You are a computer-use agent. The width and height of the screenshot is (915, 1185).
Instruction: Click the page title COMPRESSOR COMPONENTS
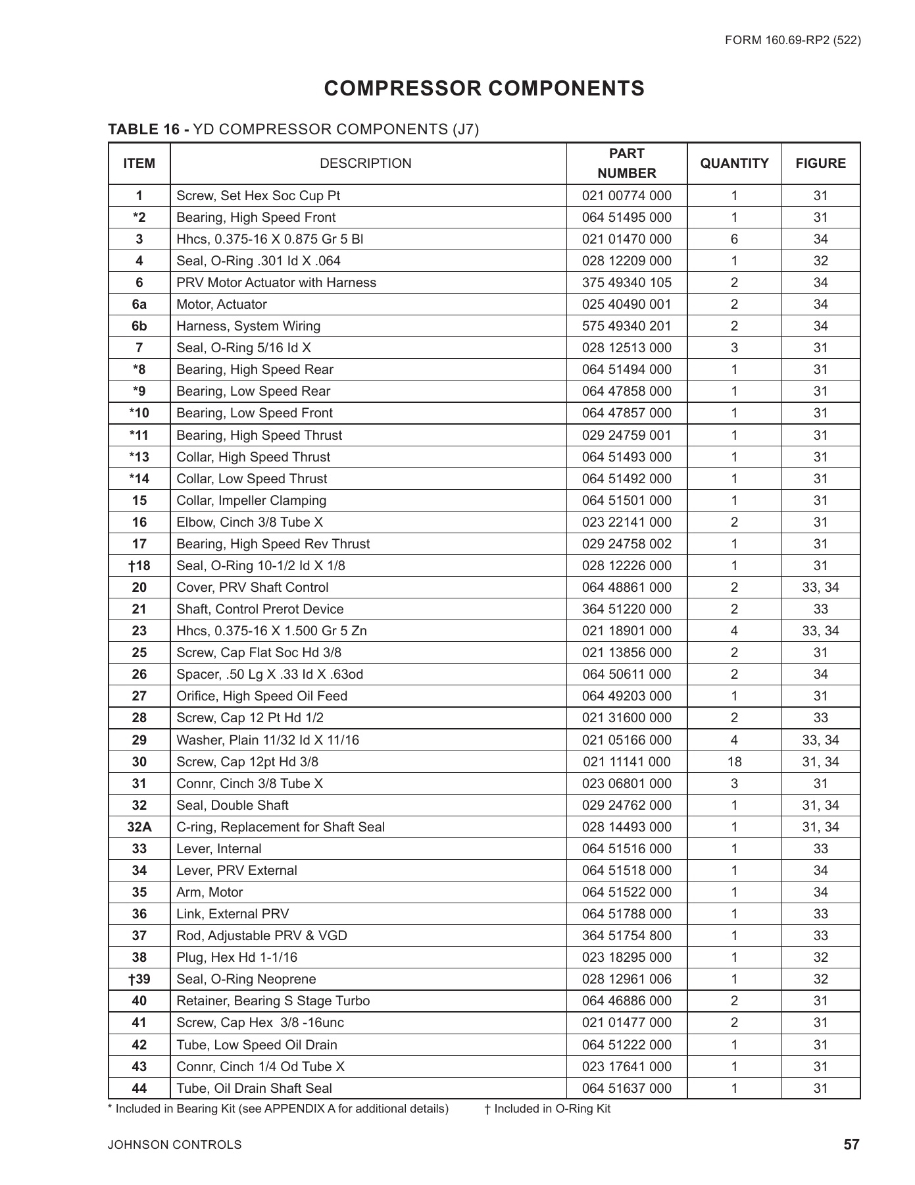pos(484,89)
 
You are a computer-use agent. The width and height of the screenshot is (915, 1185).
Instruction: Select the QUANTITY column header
pos(734,163)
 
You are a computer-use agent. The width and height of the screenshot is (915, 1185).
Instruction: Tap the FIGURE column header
pos(820,163)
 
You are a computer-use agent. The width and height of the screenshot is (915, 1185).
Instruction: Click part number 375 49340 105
pos(627,282)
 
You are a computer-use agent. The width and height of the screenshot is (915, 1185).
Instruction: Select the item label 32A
pos(139,827)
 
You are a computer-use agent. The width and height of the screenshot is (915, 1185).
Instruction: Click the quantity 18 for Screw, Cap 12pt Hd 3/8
pos(734,762)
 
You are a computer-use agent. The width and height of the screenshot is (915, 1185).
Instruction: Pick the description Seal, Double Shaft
pos(232,805)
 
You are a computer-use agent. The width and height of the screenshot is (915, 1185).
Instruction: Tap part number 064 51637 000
pos(627,1088)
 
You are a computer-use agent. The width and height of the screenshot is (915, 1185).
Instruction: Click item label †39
pos(139,979)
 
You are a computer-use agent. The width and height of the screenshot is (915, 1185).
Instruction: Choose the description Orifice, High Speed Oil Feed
pos(262,696)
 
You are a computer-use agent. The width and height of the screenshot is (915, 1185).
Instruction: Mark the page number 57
pos(851,1145)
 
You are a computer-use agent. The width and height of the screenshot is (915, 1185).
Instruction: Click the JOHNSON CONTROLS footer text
pos(175,1145)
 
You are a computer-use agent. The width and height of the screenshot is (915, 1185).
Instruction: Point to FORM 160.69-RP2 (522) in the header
pos(793,40)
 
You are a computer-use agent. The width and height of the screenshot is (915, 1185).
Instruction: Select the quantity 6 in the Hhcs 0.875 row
pos(734,239)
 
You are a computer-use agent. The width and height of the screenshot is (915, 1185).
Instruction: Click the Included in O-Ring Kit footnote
pos(547,1109)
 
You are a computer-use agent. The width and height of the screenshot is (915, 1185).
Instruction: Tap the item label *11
pos(139,435)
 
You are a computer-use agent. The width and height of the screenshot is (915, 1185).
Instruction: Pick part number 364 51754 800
pos(627,935)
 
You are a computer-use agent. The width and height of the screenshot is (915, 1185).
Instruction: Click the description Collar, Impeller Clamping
pos(251,500)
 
